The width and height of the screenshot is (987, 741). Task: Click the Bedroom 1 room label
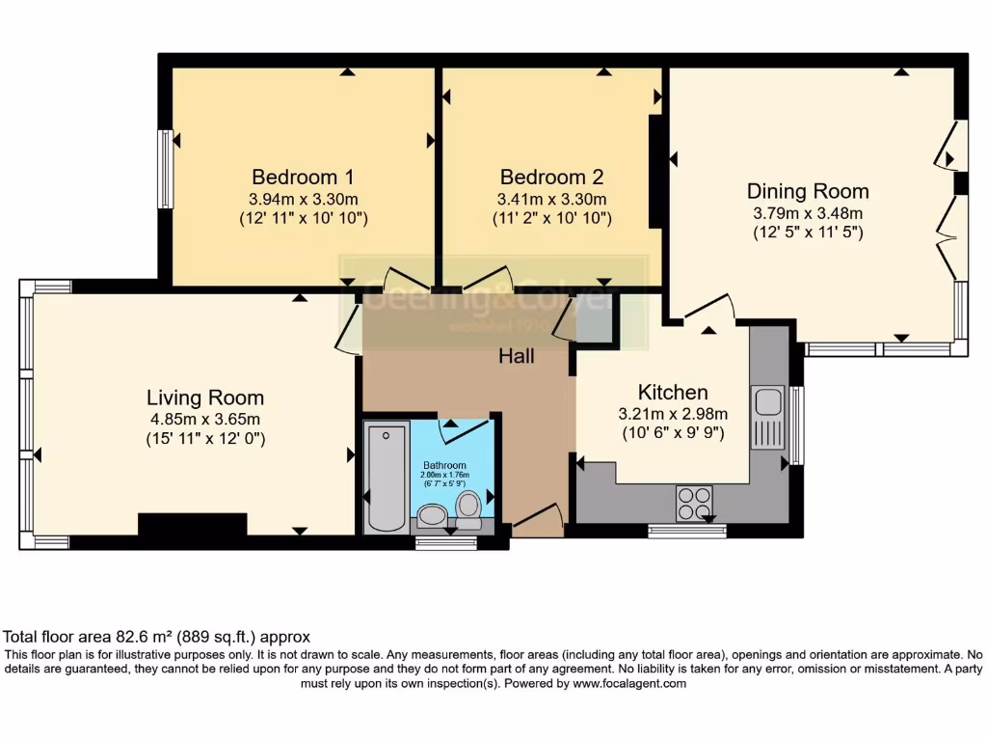303,178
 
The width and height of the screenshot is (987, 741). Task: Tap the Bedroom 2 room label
551,178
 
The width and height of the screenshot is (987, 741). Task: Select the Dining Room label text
808,191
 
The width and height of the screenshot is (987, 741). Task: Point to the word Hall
516,356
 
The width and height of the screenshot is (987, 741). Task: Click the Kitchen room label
673,392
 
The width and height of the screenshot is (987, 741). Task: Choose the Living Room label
205,398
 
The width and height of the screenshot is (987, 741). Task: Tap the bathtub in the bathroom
387,475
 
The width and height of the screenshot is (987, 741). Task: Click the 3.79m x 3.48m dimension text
808,213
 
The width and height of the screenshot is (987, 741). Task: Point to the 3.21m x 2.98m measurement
673,413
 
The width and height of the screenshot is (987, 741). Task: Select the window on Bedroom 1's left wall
166,169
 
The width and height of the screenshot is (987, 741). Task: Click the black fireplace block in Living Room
193,524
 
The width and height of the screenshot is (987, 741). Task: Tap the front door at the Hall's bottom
537,521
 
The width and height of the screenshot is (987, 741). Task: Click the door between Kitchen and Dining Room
707,309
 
